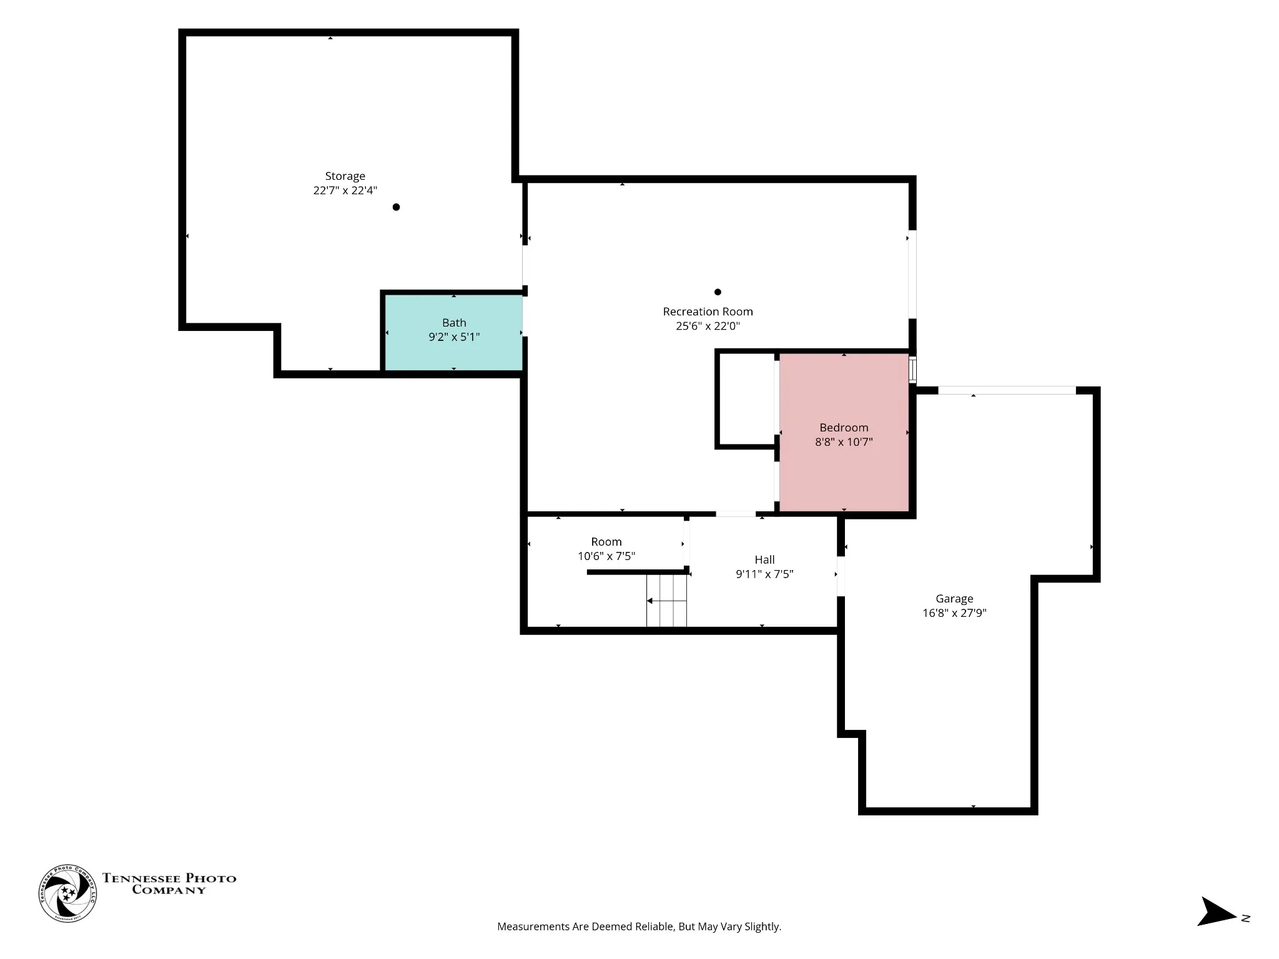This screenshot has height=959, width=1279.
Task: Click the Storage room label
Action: coord(345,176)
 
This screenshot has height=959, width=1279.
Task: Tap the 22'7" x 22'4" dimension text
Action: coord(345,190)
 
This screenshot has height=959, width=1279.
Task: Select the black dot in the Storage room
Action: coord(396,207)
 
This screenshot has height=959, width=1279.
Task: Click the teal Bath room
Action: coord(453,332)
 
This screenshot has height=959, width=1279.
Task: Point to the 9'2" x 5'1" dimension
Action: coord(454,337)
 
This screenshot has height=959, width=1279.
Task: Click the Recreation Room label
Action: coord(708,312)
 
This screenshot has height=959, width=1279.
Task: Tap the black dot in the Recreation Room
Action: coord(718,292)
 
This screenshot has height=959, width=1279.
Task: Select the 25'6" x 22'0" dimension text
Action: coord(708,326)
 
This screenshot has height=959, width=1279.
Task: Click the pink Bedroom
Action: coord(844,433)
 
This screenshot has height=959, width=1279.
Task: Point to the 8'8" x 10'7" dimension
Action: coord(844,442)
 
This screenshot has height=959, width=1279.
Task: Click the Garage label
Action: coord(954,599)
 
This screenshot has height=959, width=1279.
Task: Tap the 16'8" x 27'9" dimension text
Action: coord(954,613)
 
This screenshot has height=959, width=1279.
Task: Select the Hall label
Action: coord(764,560)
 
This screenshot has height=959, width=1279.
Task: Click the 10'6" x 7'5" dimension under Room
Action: coord(606,556)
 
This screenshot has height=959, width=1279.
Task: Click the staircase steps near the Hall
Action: coord(666,600)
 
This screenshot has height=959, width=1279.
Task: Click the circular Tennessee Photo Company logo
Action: coord(67,893)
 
